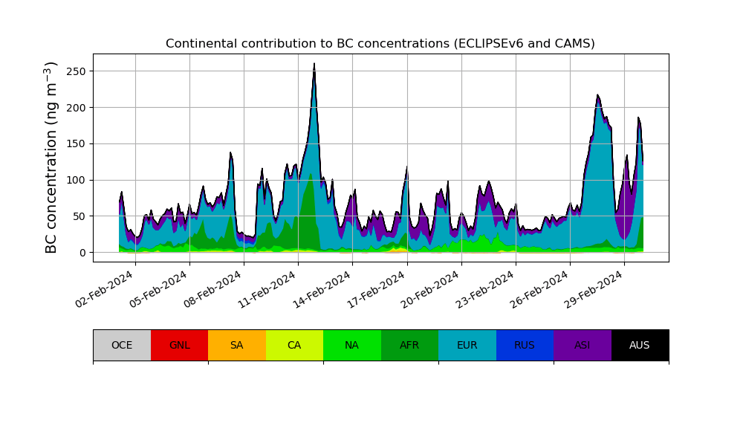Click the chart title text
(380, 44)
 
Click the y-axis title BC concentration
(51, 158)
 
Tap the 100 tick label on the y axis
(75, 180)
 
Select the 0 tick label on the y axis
(82, 253)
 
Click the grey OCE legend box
(122, 345)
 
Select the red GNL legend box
(179, 345)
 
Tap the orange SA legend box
(237, 345)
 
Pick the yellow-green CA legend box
(294, 345)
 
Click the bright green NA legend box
(352, 345)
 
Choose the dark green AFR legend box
(409, 345)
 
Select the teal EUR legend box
(467, 345)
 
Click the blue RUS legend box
(525, 345)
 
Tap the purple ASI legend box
(583, 345)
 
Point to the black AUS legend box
(640, 345)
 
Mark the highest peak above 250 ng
(314, 64)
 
